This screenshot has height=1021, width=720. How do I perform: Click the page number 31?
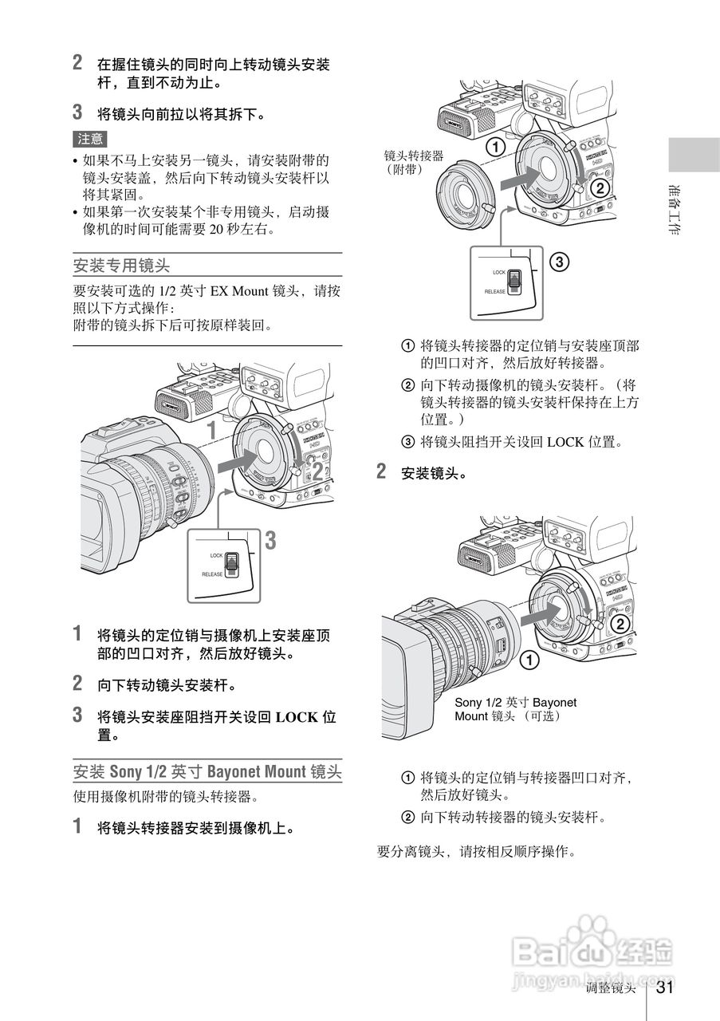(666, 987)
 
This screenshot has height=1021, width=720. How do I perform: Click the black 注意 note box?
(90, 139)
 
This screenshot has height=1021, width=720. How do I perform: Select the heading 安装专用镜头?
(121, 263)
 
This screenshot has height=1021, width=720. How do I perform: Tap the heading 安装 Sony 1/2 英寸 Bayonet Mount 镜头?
(207, 771)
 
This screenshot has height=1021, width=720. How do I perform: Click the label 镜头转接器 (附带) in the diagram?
(413, 162)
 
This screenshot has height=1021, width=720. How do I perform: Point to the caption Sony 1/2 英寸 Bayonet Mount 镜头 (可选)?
(515, 709)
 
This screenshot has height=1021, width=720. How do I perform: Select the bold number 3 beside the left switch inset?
(270, 542)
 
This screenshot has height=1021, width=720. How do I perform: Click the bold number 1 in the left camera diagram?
(211, 432)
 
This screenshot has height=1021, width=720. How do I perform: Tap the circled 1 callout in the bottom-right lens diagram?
(527, 660)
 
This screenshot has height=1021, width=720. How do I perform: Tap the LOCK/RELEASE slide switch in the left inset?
(231, 563)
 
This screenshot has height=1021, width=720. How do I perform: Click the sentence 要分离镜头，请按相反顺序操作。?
(475, 851)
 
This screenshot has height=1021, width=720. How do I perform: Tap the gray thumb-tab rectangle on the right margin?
(694, 154)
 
